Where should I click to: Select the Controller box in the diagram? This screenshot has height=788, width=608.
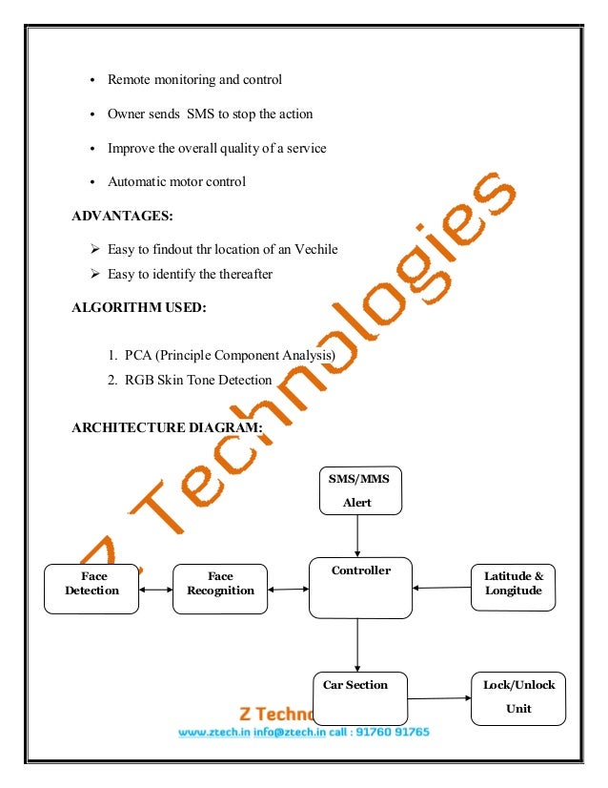coord(360,587)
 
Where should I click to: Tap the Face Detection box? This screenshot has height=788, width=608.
coord(91,588)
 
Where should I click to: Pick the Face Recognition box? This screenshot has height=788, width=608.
coord(220,588)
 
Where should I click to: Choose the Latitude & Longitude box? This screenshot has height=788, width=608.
coord(514,587)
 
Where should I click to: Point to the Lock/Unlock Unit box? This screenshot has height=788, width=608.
coord(518,696)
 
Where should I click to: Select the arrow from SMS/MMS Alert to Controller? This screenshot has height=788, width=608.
coord(357,538)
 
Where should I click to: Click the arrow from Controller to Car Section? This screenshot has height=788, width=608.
coord(357,644)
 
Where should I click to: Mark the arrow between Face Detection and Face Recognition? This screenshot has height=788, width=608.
coord(156,590)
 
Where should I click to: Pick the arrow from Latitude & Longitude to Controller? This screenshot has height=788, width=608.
coord(442,587)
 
